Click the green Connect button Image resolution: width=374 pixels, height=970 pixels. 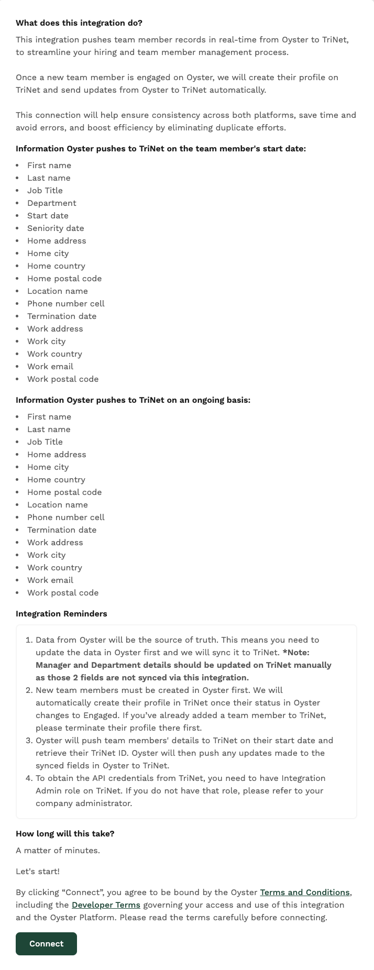46,943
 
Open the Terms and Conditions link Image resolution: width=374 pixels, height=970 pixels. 305,892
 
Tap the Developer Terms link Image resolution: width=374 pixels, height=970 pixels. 106,905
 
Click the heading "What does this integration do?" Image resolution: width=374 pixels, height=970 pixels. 79,23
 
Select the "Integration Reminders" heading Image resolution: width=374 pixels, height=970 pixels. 61,613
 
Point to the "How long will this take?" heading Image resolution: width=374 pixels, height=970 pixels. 65,833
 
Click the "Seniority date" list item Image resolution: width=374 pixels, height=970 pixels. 56,228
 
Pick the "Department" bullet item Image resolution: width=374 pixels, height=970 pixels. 52,203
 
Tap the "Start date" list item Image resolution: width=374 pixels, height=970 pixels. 48,215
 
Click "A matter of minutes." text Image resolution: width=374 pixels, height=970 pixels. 58,850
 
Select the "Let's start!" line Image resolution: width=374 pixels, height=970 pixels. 38,871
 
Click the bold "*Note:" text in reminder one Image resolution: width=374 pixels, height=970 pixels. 296,652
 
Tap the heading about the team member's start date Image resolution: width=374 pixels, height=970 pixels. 161,148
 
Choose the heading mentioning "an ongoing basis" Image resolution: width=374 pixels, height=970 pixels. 133,400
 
